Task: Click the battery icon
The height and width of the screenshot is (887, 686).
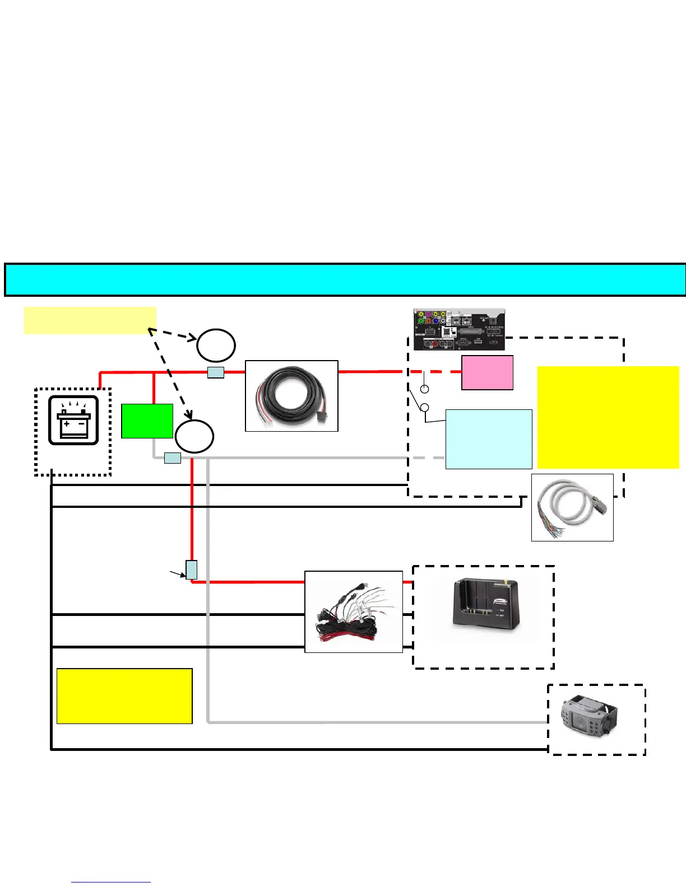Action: coord(73,420)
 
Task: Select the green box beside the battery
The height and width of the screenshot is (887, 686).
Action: coord(147,421)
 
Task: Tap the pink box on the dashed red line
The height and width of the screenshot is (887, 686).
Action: coord(487,372)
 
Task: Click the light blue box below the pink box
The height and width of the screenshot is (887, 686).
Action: coord(489,439)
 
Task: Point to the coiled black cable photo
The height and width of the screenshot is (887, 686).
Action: coord(291,396)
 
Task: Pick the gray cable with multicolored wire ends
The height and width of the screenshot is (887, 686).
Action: coord(572,507)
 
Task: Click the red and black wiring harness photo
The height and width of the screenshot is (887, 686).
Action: coord(354,611)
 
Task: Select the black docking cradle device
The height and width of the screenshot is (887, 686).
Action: coord(486,610)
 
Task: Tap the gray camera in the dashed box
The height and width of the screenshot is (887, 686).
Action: coord(588,719)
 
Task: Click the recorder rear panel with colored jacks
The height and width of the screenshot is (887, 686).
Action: coord(459,329)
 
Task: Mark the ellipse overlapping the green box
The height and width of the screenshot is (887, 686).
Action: coord(194,436)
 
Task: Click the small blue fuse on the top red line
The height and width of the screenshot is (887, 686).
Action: coord(216,372)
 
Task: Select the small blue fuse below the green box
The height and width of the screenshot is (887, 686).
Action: coord(173,458)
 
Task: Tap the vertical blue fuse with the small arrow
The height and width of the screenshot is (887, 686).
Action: coord(192,569)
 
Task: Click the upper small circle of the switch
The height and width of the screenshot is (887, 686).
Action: coord(425,389)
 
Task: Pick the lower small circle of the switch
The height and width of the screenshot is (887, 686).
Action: coord(425,408)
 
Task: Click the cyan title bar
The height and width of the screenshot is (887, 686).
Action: coord(345,279)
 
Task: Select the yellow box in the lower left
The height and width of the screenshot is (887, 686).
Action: coord(124,695)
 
